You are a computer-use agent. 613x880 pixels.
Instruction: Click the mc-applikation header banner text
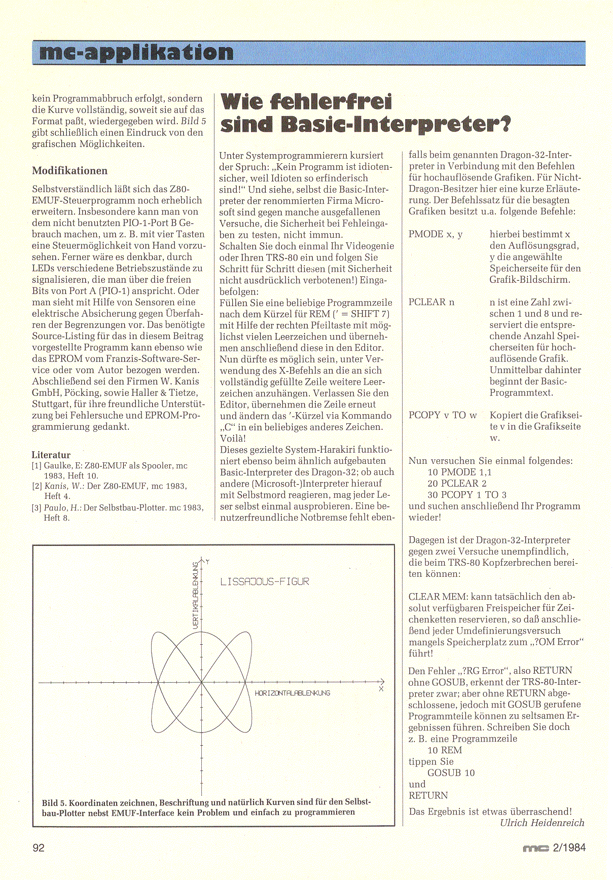(136, 53)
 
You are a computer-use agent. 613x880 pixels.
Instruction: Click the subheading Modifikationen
(69, 171)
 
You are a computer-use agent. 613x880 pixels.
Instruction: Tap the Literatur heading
(51, 455)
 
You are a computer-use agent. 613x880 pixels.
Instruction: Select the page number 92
(39, 848)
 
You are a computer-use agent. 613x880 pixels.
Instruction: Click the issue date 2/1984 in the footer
(569, 848)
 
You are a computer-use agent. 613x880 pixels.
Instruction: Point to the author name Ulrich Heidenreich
(542, 823)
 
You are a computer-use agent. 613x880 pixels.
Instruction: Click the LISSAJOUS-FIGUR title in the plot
(264, 581)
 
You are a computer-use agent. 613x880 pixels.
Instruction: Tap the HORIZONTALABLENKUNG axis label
(292, 693)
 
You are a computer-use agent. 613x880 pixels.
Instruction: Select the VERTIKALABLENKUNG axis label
(196, 595)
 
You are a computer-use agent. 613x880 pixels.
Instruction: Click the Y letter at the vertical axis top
(208, 562)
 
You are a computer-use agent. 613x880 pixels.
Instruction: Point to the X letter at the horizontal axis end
(381, 689)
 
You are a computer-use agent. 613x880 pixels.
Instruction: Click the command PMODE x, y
(435, 234)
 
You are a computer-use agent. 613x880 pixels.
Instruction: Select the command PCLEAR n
(431, 302)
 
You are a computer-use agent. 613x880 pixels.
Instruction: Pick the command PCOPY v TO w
(443, 415)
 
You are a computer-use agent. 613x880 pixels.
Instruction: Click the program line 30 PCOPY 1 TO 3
(466, 495)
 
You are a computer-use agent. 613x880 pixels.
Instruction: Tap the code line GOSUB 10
(451, 773)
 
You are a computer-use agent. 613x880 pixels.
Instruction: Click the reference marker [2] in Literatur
(37, 486)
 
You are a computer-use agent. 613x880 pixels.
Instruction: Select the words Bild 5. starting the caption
(54, 803)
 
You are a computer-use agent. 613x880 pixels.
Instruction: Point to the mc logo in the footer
(535, 848)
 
